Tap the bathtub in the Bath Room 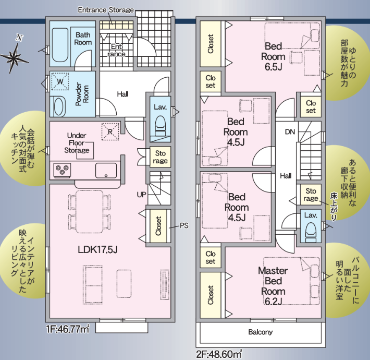(x=60, y=45)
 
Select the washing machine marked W (x=60, y=81)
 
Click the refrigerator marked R (x=110, y=131)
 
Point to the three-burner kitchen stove (x=63, y=170)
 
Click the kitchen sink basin (x=106, y=170)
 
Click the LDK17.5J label (x=97, y=249)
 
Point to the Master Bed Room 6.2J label (x=273, y=286)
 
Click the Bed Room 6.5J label (x=273, y=57)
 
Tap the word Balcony (x=260, y=332)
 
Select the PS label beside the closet (x=184, y=225)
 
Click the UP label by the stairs (x=141, y=195)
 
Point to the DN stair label (x=290, y=131)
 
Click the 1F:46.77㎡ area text (x=68, y=329)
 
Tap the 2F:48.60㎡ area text (x=219, y=354)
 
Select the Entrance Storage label (x=106, y=10)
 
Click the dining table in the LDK (x=90, y=212)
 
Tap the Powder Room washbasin (x=58, y=106)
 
